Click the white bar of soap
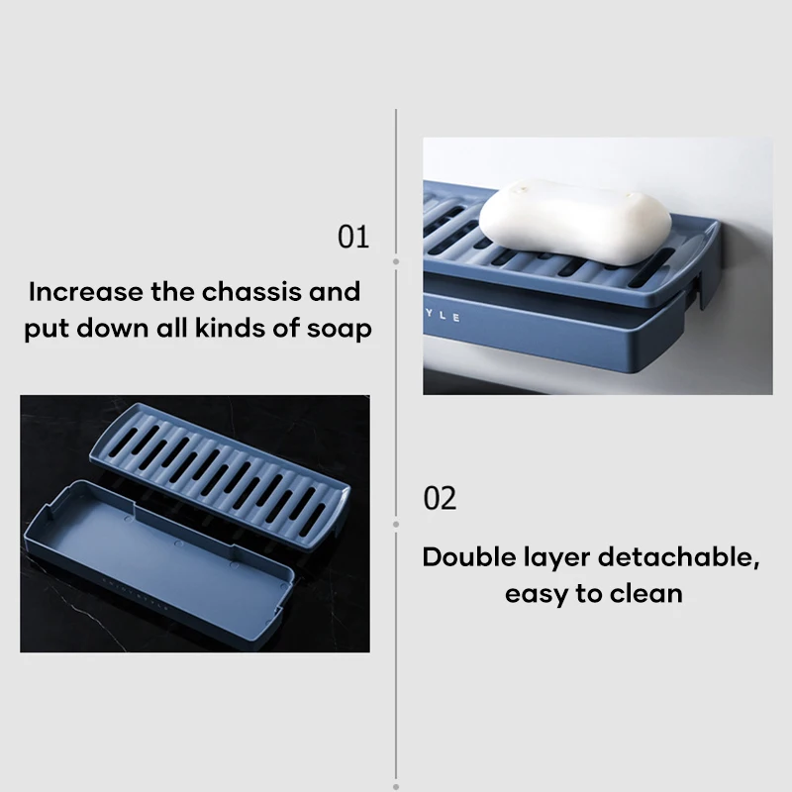coord(574,219)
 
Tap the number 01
coord(353,237)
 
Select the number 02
coord(441,498)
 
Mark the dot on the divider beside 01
coord(396,261)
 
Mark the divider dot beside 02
coord(396,523)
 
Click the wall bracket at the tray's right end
coord(704,287)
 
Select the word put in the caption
coord(47,330)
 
